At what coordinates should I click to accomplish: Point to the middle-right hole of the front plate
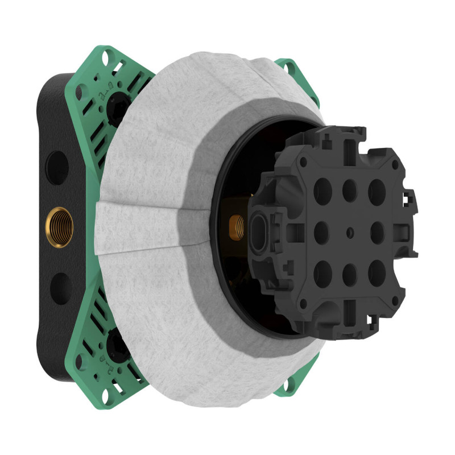tap(377, 231)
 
